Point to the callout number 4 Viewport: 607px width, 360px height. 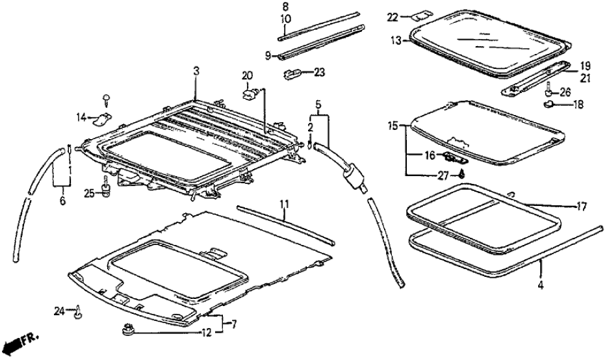pyautogui.click(x=541, y=284)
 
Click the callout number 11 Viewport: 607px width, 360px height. pyautogui.click(x=284, y=204)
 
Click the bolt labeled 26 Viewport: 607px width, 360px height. pyautogui.click(x=549, y=88)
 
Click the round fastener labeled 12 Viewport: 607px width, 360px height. pyautogui.click(x=127, y=331)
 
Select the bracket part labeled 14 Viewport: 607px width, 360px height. pyautogui.click(x=102, y=118)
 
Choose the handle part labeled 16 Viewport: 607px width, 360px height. pyautogui.click(x=455, y=157)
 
